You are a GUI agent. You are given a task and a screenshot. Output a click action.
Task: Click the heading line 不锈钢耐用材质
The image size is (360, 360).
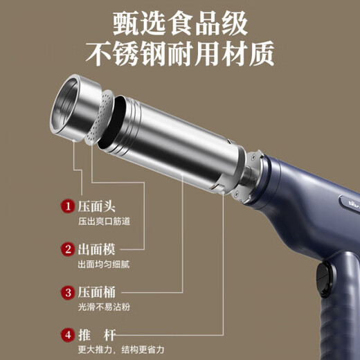click(x=180, y=52)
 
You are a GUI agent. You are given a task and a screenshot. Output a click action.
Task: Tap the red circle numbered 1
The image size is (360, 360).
click(x=68, y=206)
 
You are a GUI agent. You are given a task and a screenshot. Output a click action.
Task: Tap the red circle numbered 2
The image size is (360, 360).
click(x=68, y=249)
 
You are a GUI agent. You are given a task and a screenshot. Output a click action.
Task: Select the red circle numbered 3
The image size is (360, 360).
click(x=68, y=291)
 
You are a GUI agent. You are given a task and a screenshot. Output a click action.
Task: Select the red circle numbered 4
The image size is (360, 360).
click(x=68, y=334)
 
